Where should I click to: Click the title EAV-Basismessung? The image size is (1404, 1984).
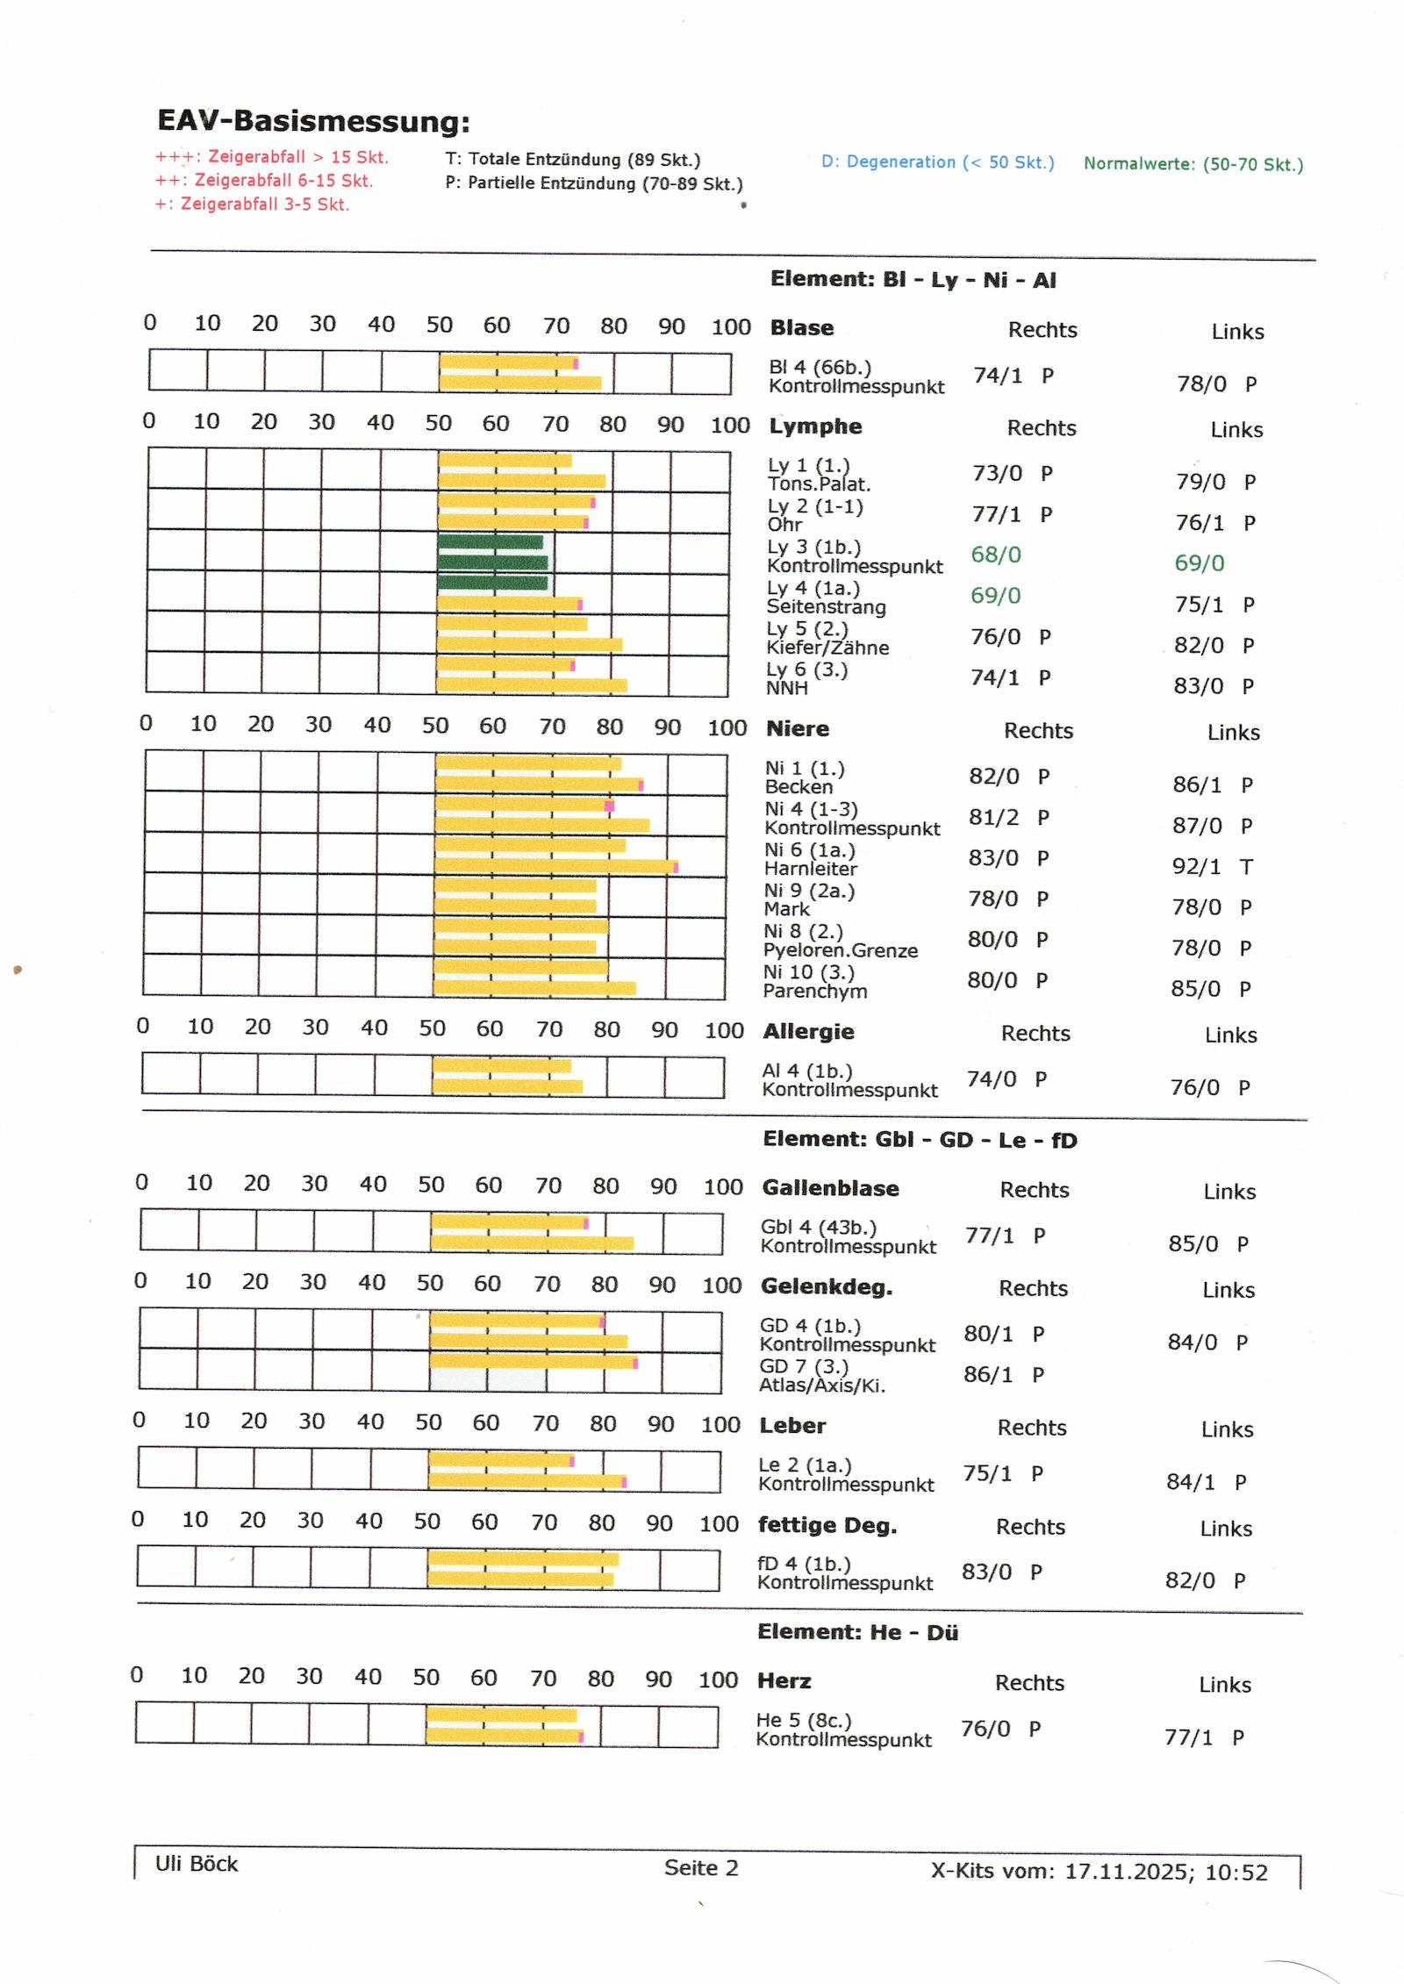(x=313, y=121)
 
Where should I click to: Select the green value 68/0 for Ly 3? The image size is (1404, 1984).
(x=996, y=555)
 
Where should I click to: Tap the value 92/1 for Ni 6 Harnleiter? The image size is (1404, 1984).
(x=1196, y=867)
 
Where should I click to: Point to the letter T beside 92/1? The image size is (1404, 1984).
(x=1246, y=867)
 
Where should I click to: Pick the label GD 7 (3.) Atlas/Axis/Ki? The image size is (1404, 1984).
(x=822, y=1376)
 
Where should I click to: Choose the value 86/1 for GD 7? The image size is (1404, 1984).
(x=988, y=1374)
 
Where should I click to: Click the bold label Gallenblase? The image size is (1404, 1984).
(x=830, y=1188)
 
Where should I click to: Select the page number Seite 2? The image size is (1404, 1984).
(x=701, y=1867)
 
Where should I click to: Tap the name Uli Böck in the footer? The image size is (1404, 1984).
(x=197, y=1864)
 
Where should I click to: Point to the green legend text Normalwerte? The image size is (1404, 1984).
(x=1193, y=164)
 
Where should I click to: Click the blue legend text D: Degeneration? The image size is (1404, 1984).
(x=937, y=162)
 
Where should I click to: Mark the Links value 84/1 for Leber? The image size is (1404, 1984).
(x=1191, y=1482)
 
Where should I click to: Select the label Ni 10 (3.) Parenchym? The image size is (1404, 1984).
(x=815, y=981)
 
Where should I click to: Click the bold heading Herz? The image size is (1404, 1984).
(x=784, y=1680)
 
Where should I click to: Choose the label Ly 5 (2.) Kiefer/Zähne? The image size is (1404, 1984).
(x=827, y=638)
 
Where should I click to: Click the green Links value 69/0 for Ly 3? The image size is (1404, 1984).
(x=1200, y=563)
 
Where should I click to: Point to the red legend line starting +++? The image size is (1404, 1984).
(x=272, y=157)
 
